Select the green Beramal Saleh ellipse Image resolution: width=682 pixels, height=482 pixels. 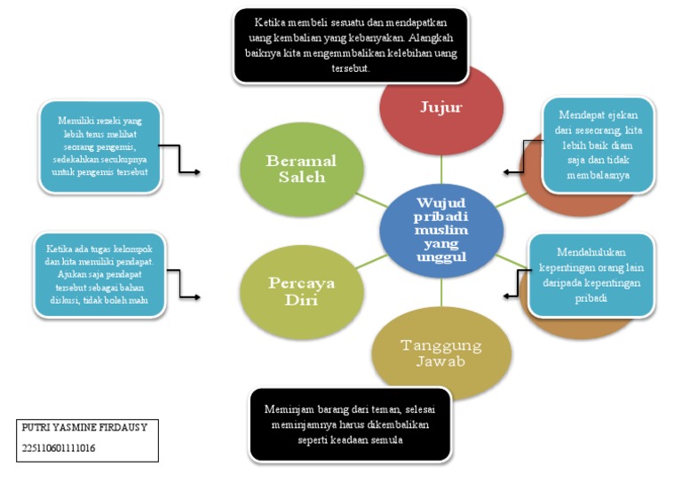tap(303, 169)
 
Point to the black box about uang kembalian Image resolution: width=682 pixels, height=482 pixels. tap(351, 45)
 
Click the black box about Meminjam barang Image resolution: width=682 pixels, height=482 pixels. tap(351, 424)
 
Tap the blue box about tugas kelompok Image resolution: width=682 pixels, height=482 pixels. tap(100, 274)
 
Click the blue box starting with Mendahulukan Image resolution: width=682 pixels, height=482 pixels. tap(591, 274)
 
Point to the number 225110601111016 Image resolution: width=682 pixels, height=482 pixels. tap(59, 448)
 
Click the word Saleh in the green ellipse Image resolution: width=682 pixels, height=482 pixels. tap(303, 177)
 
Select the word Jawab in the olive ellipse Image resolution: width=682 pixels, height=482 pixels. tap(441, 362)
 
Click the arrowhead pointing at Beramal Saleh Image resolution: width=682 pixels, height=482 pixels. tap(197, 171)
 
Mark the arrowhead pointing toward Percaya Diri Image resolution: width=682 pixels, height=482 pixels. tap(197, 295)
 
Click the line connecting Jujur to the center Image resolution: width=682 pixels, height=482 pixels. tap(441, 168)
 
